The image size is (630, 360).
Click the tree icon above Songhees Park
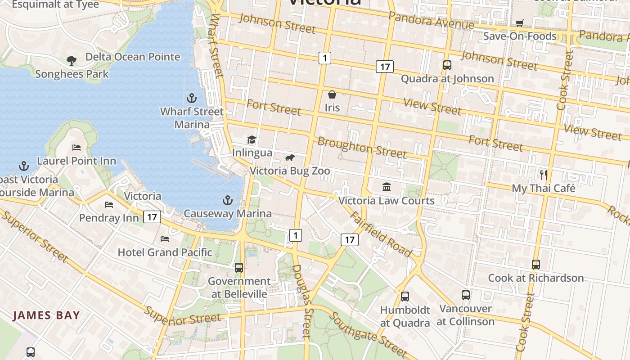click(71, 60)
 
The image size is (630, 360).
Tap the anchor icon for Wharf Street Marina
click(192, 98)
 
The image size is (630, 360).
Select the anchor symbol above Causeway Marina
click(228, 200)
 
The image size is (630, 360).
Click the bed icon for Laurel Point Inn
click(76, 147)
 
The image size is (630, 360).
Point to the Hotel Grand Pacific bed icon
click(165, 238)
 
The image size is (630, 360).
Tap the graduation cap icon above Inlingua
click(252, 140)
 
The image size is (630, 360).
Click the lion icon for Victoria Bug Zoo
click(290, 158)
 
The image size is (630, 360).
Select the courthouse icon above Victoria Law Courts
click(386, 187)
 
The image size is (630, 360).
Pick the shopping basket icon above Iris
click(332, 94)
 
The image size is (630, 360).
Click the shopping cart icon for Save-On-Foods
click(519, 23)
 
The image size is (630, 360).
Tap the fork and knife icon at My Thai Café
click(544, 175)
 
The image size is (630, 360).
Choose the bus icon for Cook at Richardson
click(535, 264)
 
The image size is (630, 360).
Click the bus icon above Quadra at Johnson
click(447, 65)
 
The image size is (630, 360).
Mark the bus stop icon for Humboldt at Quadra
click(405, 296)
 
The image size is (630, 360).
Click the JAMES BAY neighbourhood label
click(46, 315)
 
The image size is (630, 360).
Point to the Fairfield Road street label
click(381, 234)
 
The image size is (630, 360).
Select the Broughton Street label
click(362, 148)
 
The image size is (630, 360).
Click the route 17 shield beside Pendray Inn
click(152, 217)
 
